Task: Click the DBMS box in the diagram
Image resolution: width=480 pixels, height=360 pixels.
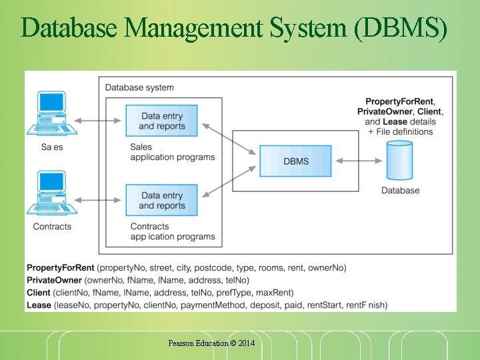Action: (295, 161)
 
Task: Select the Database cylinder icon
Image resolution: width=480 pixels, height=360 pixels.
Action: (400, 162)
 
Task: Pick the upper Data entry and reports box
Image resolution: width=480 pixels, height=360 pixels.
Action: (162, 121)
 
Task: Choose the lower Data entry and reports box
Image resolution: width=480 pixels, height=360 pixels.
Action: (162, 200)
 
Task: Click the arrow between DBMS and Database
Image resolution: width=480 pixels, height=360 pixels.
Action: (358, 161)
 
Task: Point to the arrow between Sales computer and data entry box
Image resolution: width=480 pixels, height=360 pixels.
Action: (99, 121)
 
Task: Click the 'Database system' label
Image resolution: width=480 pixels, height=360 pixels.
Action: (139, 87)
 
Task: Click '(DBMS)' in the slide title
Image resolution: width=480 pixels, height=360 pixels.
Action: (402, 27)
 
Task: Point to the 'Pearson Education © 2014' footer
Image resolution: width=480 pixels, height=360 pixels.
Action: (211, 343)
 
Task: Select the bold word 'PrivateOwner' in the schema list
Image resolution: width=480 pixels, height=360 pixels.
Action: (54, 280)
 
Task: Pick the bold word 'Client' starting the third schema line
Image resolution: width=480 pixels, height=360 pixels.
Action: (39, 293)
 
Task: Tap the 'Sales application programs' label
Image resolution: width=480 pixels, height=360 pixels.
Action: (172, 152)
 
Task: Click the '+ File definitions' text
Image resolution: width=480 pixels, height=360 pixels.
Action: (400, 131)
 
